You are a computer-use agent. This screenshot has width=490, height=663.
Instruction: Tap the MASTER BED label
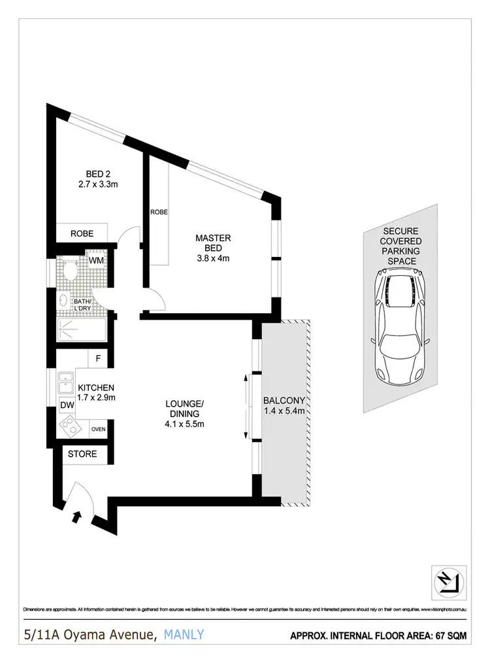pos(213,243)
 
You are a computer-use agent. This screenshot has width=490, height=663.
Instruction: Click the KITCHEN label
pos(97,387)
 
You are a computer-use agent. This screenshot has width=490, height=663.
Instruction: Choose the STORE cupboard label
pos(82,454)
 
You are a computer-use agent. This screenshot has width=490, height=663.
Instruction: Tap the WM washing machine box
pos(97,261)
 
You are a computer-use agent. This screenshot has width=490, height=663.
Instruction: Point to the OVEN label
pos(99,429)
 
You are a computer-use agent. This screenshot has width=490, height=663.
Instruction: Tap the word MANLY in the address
pos(185,634)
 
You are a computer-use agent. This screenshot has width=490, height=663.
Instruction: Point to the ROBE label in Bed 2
pos(82,233)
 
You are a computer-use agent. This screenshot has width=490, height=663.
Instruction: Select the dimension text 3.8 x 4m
pos(213,258)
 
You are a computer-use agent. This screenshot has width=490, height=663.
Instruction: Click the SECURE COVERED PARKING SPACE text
pos(401,246)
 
